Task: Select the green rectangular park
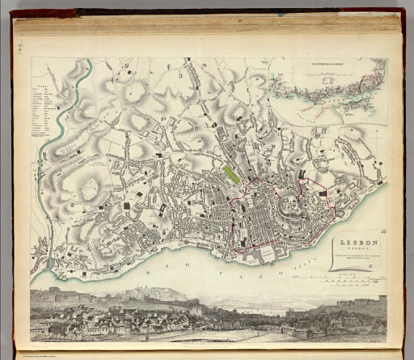click(x=230, y=173)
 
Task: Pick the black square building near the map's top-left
click(x=129, y=74)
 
